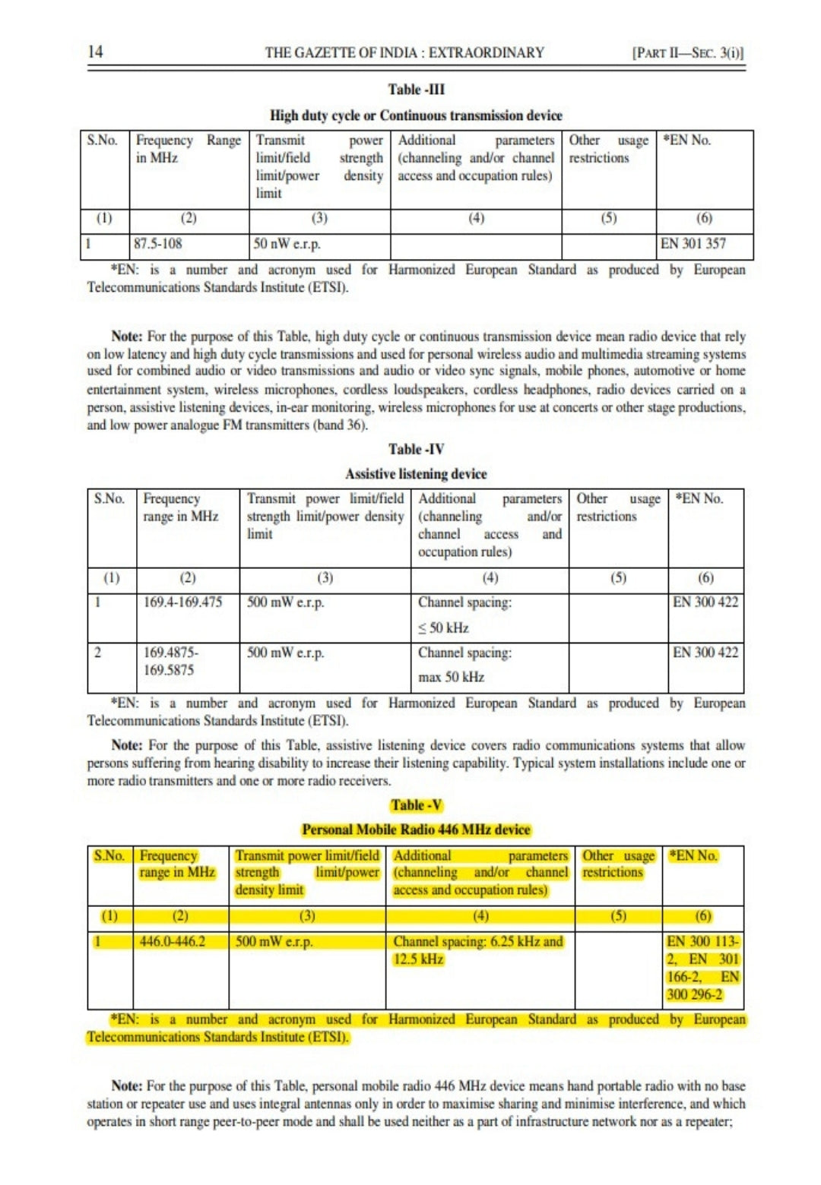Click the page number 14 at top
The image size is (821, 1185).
tap(95, 52)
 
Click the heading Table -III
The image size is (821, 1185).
tap(416, 90)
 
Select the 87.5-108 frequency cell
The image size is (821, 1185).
tap(158, 244)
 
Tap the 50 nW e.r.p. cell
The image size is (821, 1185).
tap(287, 244)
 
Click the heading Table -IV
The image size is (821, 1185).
tap(416, 449)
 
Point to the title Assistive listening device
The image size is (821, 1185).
tap(416, 474)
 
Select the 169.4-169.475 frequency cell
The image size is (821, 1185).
tap(182, 602)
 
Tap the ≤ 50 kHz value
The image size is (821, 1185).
tap(443, 628)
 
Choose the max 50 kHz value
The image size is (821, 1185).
tap(451, 677)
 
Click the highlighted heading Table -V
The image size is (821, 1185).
tap(417, 805)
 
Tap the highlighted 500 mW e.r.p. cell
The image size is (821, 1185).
tap(274, 942)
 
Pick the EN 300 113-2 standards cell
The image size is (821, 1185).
tap(702, 968)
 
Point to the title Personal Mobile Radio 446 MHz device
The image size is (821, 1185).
tap(416, 829)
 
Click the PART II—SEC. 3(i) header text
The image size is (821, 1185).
tap(687, 53)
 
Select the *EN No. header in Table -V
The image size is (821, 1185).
tap(693, 855)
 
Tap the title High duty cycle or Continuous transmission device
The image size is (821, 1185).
tap(416, 115)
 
